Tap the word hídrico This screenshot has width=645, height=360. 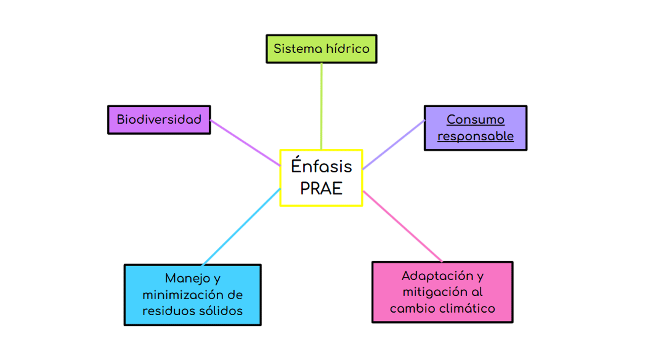[x=348, y=49]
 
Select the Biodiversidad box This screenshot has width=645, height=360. [x=159, y=120]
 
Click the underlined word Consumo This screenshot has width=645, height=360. [x=475, y=120]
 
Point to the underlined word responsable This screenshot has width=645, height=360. [x=475, y=136]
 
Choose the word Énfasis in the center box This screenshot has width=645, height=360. [x=321, y=166]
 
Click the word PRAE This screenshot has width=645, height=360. [x=321, y=188]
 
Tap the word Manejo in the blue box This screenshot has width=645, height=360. [x=187, y=278]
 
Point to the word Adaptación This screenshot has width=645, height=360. [x=437, y=276]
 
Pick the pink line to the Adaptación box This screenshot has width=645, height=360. [x=403, y=226]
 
